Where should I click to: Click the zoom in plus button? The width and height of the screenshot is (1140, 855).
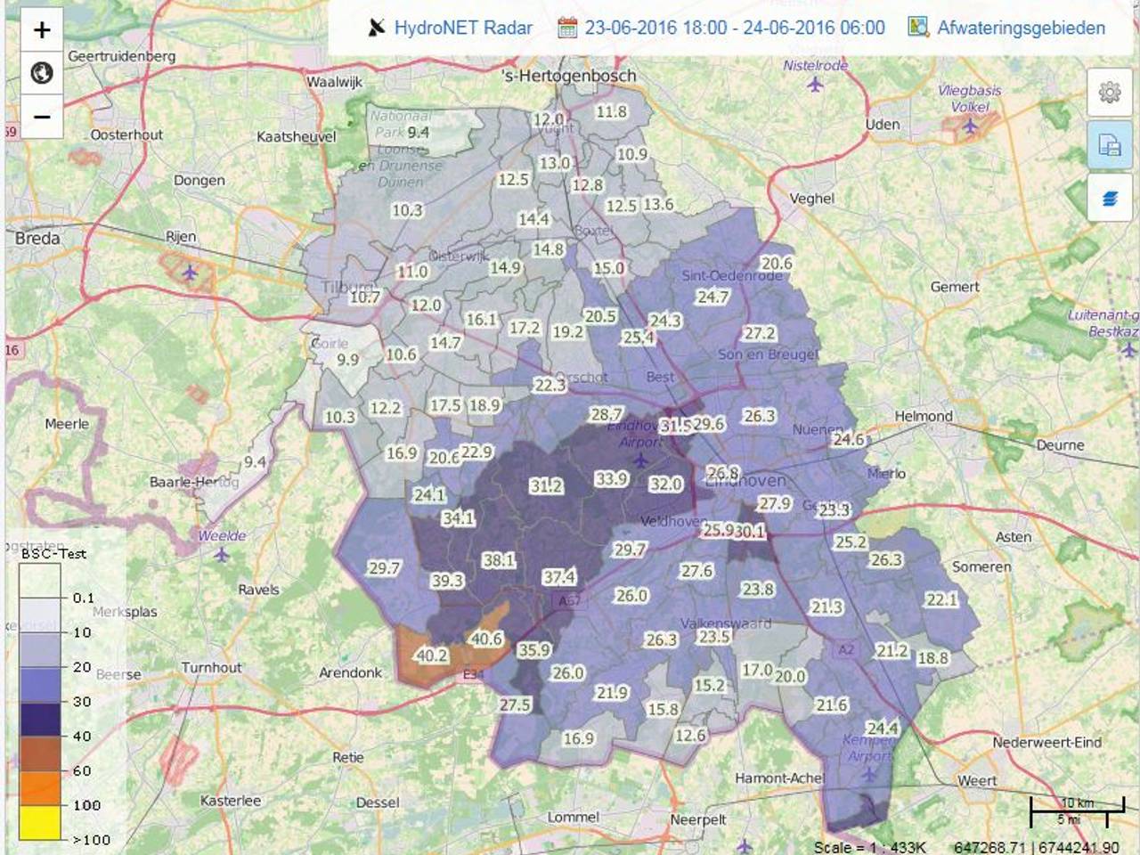[42, 30]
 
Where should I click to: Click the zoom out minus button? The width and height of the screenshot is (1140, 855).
[42, 117]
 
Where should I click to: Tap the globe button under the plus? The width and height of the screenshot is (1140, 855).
[42, 73]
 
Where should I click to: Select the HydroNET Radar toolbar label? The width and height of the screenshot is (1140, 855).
[462, 28]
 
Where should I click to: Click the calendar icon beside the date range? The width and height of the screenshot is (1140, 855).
[567, 28]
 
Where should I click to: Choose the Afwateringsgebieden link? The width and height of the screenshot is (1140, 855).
[1020, 28]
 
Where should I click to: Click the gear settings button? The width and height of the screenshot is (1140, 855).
[1110, 93]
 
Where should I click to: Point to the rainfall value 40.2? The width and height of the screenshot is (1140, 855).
[432, 655]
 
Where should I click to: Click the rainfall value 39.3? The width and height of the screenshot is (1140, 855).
[447, 581]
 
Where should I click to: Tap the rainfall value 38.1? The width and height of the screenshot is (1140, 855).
[498, 560]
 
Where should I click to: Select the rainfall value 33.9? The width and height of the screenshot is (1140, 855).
[611, 479]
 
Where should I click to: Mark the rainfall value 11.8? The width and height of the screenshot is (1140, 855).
[611, 112]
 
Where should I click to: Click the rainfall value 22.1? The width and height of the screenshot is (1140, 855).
[941, 600]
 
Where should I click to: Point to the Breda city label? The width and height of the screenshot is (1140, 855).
[37, 239]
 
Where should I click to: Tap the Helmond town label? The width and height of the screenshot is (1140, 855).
[924, 416]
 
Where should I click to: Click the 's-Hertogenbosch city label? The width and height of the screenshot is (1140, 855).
[569, 77]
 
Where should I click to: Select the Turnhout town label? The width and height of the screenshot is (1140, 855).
[211, 667]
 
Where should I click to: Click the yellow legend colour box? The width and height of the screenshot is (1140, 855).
[40, 822]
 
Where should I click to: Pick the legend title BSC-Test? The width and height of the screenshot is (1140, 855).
[53, 553]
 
